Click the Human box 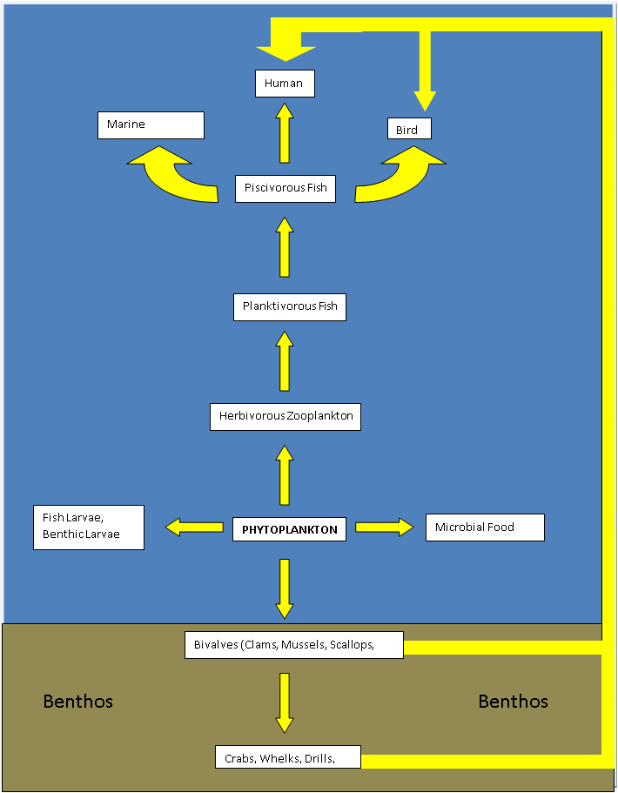[285, 84]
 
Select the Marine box [151, 124]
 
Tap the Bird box [409, 129]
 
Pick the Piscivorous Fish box [285, 188]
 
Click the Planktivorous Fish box [290, 307]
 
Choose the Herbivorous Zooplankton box [285, 416]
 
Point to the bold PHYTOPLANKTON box [290, 529]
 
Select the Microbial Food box [485, 527]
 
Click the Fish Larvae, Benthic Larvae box [88, 527]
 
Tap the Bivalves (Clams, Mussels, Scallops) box [294, 645]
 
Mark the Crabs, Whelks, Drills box [287, 757]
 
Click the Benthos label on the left [78, 702]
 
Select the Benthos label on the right [514, 702]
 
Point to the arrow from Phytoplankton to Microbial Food [384, 527]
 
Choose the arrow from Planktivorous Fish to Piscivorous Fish [285, 247]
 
